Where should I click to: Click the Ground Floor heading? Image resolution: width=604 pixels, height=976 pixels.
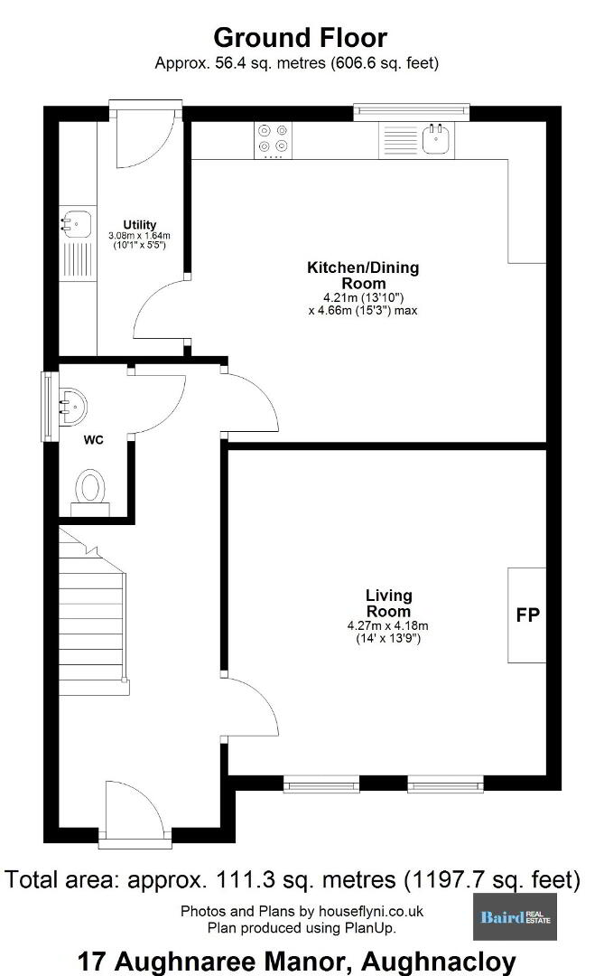click(300, 38)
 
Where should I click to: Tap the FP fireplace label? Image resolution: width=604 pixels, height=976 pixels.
click(527, 615)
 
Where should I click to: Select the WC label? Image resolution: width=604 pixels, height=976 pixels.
click(93, 440)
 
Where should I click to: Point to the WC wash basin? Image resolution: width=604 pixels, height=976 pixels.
click(73, 407)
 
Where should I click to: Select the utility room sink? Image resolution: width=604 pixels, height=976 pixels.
click(77, 222)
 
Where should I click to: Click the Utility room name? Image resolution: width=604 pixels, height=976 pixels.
click(139, 225)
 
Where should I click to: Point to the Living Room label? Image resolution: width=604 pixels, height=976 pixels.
click(388, 603)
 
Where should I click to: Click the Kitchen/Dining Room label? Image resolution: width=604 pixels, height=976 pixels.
click(363, 275)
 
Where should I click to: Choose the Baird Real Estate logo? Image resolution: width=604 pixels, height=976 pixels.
click(515, 917)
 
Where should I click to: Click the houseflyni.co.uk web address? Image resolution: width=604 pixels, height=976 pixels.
click(371, 911)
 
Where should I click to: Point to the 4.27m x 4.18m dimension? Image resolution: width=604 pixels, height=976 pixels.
click(387, 625)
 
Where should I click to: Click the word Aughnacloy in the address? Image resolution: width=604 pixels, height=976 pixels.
click(439, 962)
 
